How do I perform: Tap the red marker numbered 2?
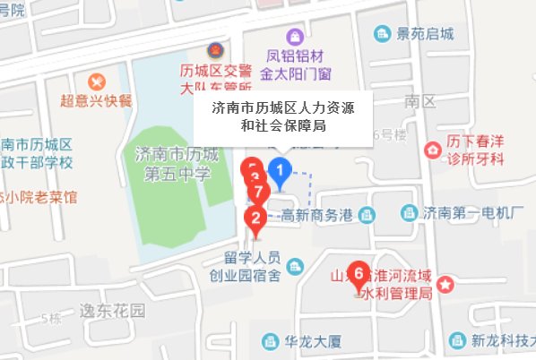[x=256, y=218]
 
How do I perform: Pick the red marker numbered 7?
[x=257, y=193]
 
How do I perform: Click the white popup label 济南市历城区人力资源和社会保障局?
[x=282, y=117]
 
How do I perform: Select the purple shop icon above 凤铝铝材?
[x=294, y=38]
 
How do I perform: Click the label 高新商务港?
[x=316, y=214]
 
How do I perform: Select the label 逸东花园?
[x=110, y=311]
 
